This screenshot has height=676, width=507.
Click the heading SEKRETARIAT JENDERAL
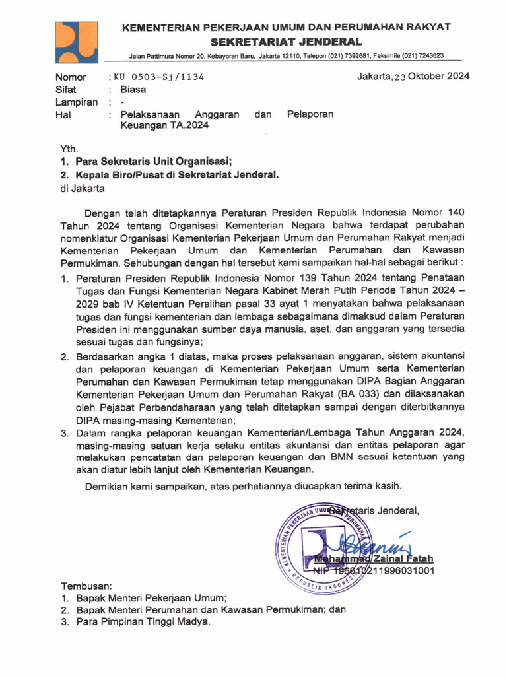[285, 42]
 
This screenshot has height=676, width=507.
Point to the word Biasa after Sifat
[133, 89]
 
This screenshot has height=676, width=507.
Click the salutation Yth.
[69, 149]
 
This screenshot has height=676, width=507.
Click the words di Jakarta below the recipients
[83, 188]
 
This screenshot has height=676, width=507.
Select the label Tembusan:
[86, 586]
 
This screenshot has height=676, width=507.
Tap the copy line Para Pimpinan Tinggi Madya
[143, 622]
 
